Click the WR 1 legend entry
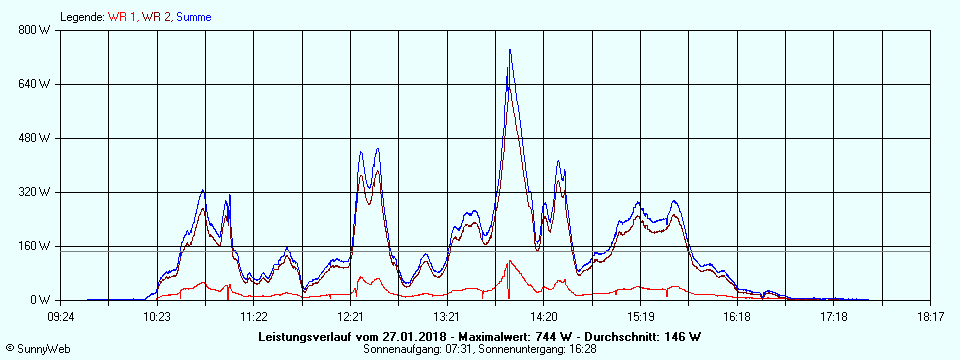(123, 17)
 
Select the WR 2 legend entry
(156, 17)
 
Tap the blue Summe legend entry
(194, 17)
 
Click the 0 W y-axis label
(40, 300)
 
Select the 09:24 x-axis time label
(62, 317)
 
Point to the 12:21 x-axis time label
(351, 317)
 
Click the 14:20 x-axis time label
(544, 317)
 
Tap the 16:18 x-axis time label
(737, 317)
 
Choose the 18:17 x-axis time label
(930, 317)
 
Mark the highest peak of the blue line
(510, 50)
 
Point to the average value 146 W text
(680, 337)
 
